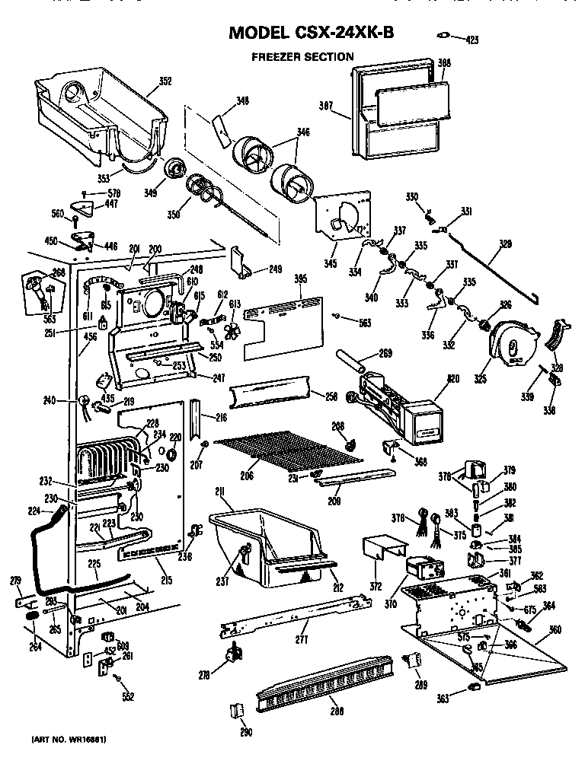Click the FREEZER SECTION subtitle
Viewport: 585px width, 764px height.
click(302, 56)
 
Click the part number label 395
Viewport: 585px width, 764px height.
click(301, 281)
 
